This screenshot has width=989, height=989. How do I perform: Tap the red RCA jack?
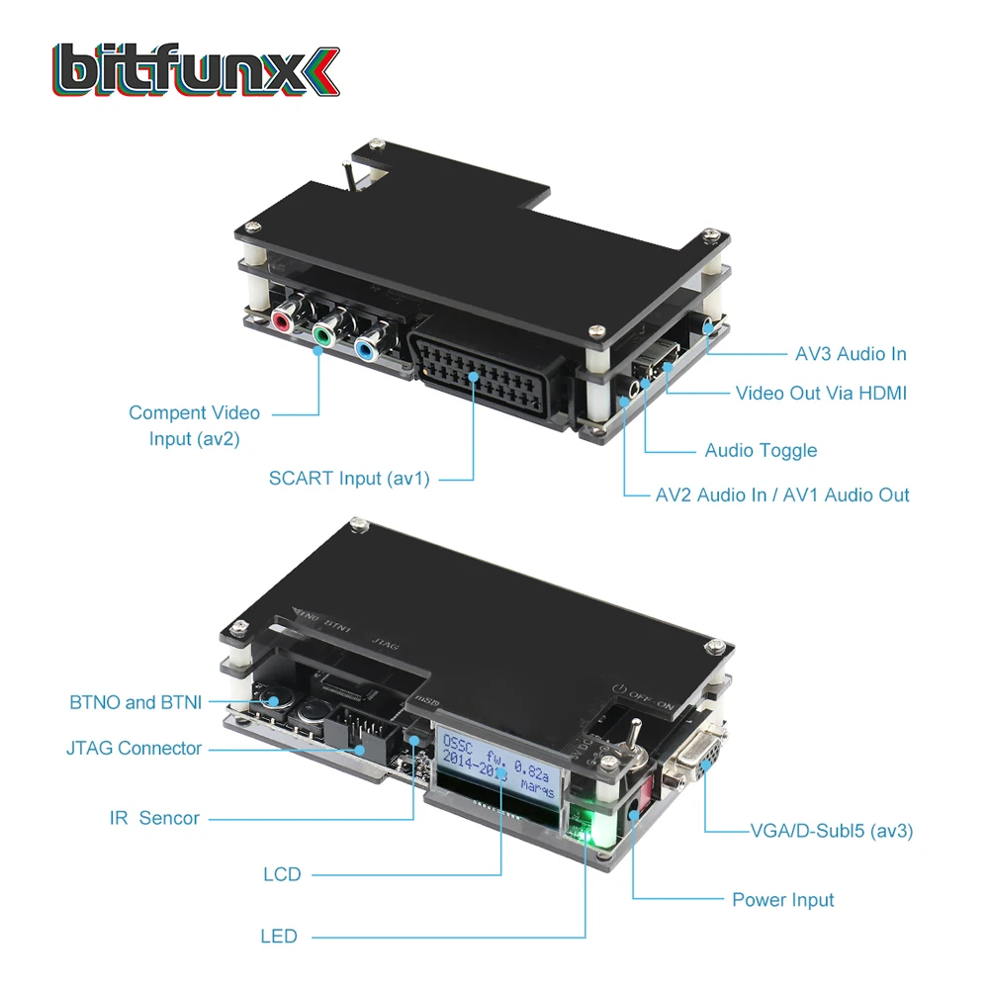[282, 321]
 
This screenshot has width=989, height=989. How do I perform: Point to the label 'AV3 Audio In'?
[850, 354]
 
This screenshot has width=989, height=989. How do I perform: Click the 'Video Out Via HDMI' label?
[820, 394]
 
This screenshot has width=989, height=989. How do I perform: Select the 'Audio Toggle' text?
[760, 451]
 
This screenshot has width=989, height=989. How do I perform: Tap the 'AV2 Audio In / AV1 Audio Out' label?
[781, 494]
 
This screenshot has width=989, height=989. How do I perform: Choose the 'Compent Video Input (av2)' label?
[194, 425]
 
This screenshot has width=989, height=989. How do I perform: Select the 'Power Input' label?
[782, 900]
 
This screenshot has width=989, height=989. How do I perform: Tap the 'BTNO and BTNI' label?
[135, 703]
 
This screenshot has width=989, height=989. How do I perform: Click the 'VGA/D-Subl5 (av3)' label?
[830, 831]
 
